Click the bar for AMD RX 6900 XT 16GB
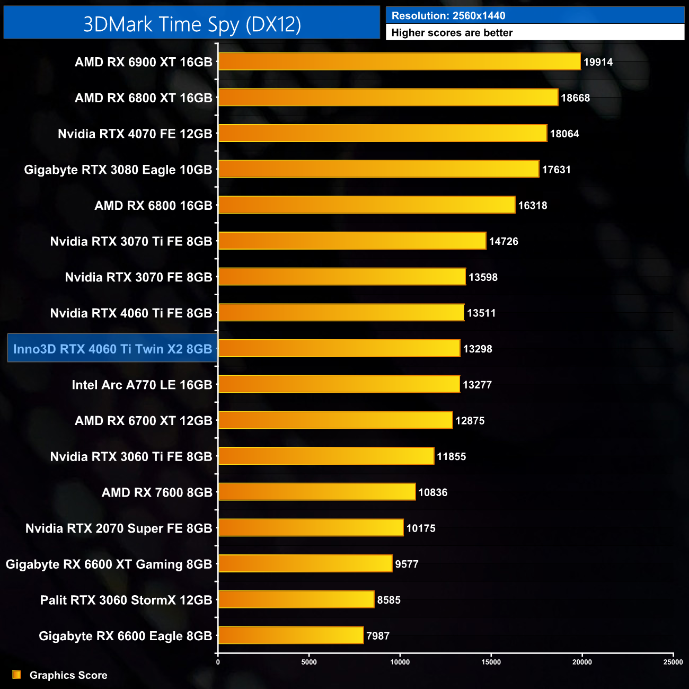(x=400, y=61)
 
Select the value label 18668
(x=575, y=98)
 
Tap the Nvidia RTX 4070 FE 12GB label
(x=135, y=134)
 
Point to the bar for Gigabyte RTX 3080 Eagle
(x=378, y=169)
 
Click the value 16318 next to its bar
(x=532, y=206)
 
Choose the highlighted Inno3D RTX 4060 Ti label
(x=112, y=349)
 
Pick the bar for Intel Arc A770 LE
(x=339, y=384)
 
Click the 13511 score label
(x=481, y=313)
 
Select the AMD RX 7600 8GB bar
(x=317, y=492)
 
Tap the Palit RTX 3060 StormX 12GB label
(x=126, y=600)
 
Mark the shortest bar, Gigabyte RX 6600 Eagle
(x=291, y=635)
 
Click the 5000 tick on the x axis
(x=309, y=662)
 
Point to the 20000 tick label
(x=582, y=662)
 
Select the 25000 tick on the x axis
(x=673, y=662)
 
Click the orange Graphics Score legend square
(x=17, y=675)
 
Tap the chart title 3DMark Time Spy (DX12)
(x=192, y=24)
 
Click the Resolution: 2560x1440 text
(x=448, y=16)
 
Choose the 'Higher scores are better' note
(x=452, y=33)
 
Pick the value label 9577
(x=407, y=564)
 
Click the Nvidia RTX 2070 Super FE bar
(x=311, y=527)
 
